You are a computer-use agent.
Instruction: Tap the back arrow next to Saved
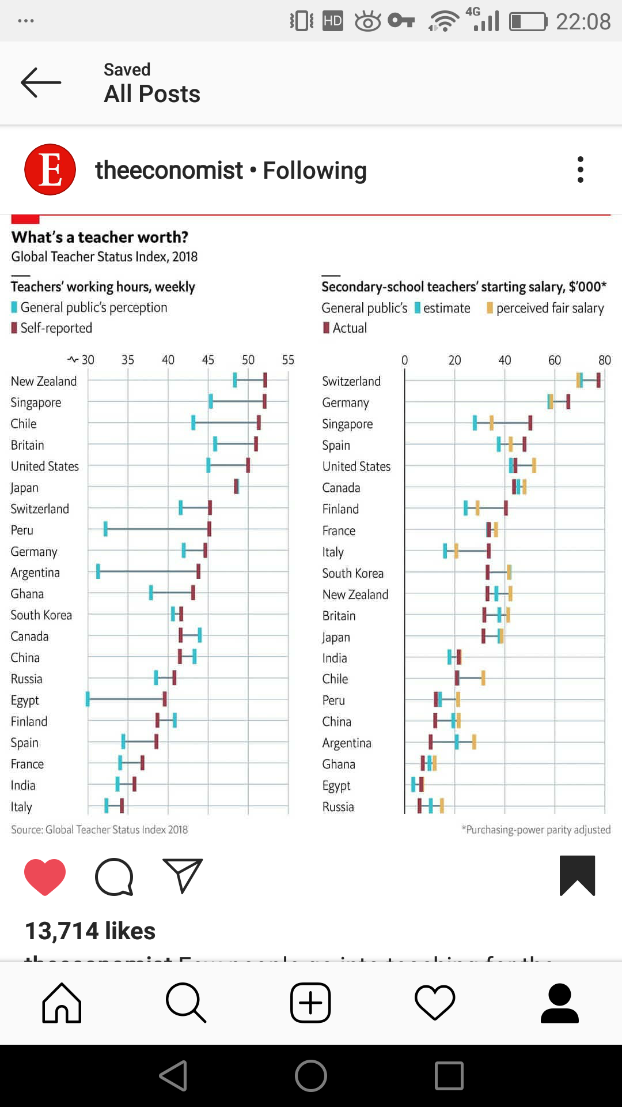point(40,82)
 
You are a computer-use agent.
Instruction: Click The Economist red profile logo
point(50,170)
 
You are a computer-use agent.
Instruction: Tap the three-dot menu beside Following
point(580,170)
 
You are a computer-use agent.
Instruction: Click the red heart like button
point(45,876)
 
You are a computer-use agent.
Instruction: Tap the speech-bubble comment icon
point(114,877)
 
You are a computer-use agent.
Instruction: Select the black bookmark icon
point(577,875)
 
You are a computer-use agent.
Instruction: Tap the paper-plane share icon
point(183,876)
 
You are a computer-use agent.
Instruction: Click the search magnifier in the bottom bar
point(185,1003)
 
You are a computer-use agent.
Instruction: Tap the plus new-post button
point(310,1003)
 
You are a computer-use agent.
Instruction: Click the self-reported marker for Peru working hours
point(209,529)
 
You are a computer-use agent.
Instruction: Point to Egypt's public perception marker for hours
point(88,699)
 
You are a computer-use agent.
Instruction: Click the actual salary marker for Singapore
point(530,423)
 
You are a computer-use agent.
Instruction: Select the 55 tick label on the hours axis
point(288,360)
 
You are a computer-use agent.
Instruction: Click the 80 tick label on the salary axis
point(604,360)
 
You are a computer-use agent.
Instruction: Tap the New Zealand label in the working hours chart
point(44,381)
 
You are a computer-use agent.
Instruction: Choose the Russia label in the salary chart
point(338,807)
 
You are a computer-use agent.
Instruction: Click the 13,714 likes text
point(90,931)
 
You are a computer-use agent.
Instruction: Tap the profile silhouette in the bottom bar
point(559,1003)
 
